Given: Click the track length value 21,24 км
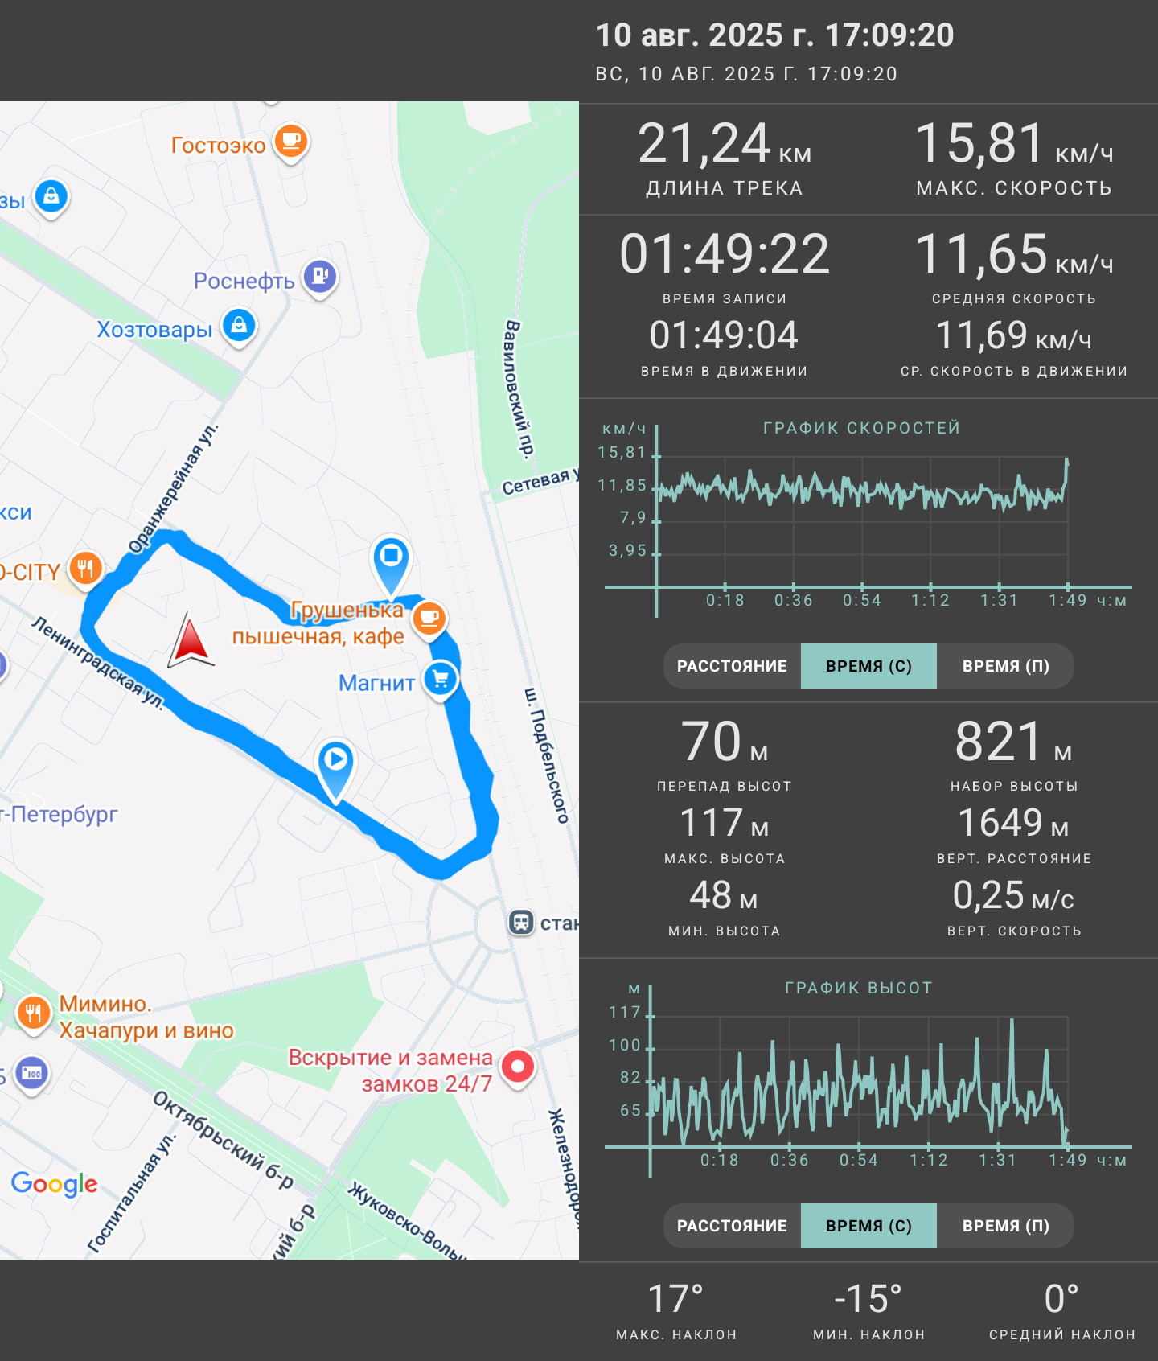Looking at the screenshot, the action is (725, 144).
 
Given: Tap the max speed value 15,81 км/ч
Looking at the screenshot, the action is (1014, 144).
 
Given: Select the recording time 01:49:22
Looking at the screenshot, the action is (725, 254).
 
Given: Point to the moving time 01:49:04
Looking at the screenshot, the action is (724, 335).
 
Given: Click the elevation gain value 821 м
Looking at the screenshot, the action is (1013, 741).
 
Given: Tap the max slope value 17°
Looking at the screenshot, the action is (675, 1299).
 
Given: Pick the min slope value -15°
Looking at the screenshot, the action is (868, 1299).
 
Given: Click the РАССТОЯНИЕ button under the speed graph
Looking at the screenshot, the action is (732, 666).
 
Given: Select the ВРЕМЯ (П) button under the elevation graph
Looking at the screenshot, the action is (1005, 1226).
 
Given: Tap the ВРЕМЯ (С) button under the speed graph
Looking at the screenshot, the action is (868, 666).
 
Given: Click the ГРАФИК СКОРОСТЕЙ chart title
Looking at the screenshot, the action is (861, 428).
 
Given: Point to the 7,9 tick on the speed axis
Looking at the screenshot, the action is (633, 518).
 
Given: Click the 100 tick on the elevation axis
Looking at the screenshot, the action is (625, 1045).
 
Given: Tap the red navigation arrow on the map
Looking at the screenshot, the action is (191, 640).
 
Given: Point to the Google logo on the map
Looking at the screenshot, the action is (54, 1184).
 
